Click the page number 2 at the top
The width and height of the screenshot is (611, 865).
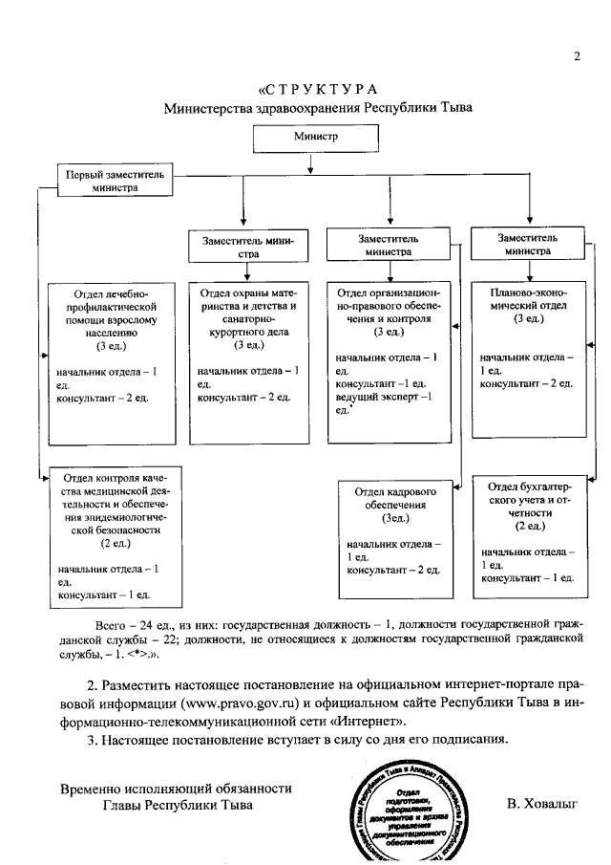coord(577,55)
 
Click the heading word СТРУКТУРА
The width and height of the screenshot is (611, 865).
coord(317,90)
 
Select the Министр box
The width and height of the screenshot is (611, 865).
coord(316,138)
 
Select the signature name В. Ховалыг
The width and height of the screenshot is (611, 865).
coord(545,805)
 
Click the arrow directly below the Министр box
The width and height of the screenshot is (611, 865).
coord(307,165)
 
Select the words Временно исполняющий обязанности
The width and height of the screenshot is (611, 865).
coord(176,789)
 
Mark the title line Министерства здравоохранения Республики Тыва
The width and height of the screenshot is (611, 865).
coord(317,108)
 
